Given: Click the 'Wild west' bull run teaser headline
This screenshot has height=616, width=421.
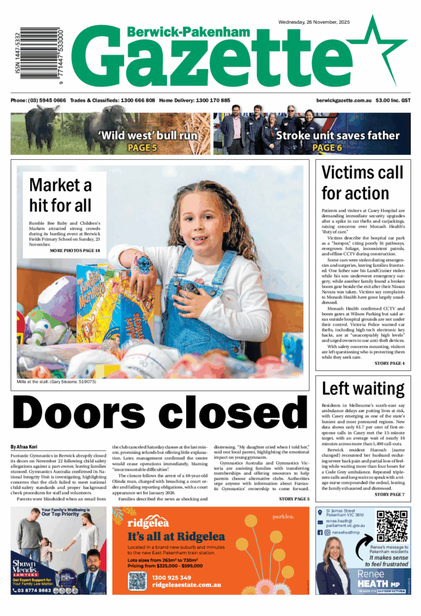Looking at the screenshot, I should tap(142, 135).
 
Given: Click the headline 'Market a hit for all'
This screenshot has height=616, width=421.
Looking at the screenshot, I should tap(60, 194).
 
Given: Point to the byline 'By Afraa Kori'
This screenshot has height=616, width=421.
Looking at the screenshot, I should tap(25, 447).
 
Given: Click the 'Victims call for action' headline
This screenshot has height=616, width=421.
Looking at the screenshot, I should tap(362, 182).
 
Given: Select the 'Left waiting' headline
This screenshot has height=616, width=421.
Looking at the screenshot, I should tap(362, 388).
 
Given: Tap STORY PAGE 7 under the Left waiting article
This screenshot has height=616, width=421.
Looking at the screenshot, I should tap(390, 494).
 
